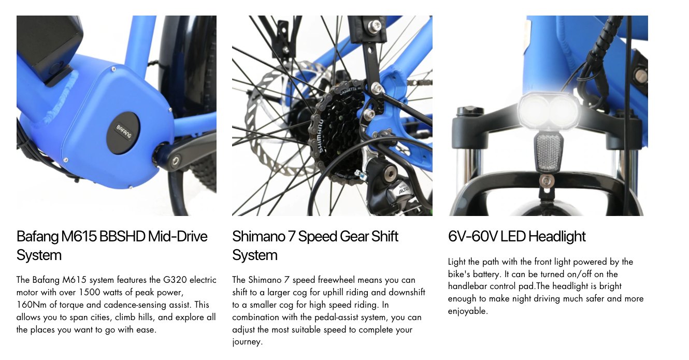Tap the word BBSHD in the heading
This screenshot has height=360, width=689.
122,237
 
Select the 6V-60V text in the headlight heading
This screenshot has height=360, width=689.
472,237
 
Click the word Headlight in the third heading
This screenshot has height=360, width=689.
557,237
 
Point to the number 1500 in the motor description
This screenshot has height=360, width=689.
89,292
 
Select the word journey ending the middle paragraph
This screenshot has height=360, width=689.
246,342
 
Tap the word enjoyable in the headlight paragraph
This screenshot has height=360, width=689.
467,311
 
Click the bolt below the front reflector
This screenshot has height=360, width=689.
546,182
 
